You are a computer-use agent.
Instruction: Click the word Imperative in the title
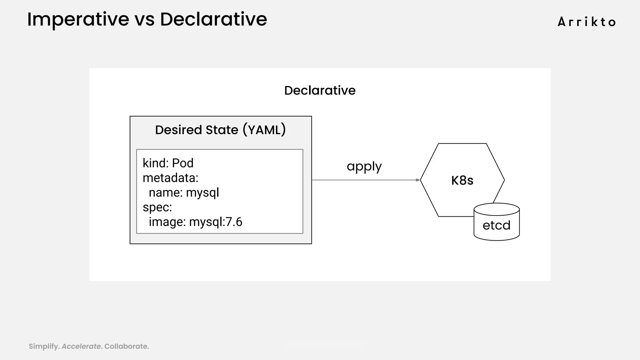tap(78, 19)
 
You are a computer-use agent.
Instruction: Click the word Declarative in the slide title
tap(213, 19)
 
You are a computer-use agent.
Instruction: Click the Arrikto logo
tap(587, 22)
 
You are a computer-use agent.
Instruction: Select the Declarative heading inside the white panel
tap(320, 91)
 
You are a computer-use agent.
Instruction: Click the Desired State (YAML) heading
tap(220, 130)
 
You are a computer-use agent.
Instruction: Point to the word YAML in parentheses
tap(264, 130)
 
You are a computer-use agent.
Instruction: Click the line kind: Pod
tap(168, 163)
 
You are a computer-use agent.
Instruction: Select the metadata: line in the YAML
tap(170, 178)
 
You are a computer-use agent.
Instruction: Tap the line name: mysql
tap(184, 192)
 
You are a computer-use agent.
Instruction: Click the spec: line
tap(157, 207)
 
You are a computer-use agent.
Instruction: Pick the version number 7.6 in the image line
tap(234, 222)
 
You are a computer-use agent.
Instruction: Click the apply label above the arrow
tap(364, 167)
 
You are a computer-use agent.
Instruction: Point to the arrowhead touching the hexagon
tap(418, 180)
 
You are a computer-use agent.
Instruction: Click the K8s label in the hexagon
tap(462, 181)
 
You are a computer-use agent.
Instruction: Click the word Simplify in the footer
tap(44, 346)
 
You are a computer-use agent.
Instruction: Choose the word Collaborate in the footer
tap(126, 346)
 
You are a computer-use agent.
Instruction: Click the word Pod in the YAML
tap(183, 163)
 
